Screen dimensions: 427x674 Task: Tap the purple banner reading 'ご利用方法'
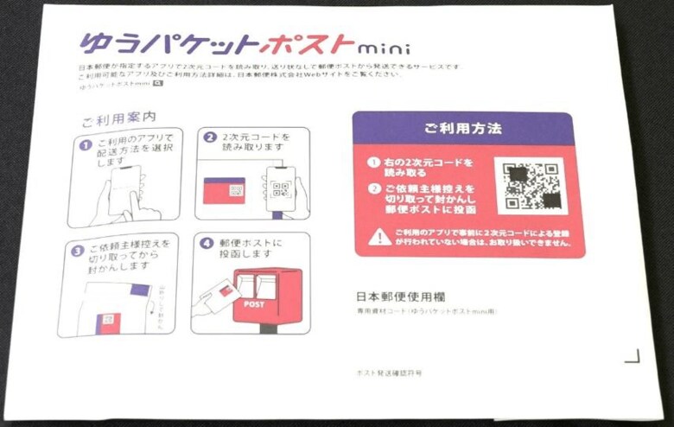tap(463, 128)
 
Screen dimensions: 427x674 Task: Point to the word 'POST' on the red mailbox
tap(254, 304)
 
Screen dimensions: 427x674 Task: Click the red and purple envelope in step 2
tap(224, 190)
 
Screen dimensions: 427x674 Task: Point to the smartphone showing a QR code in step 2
tap(279, 186)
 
